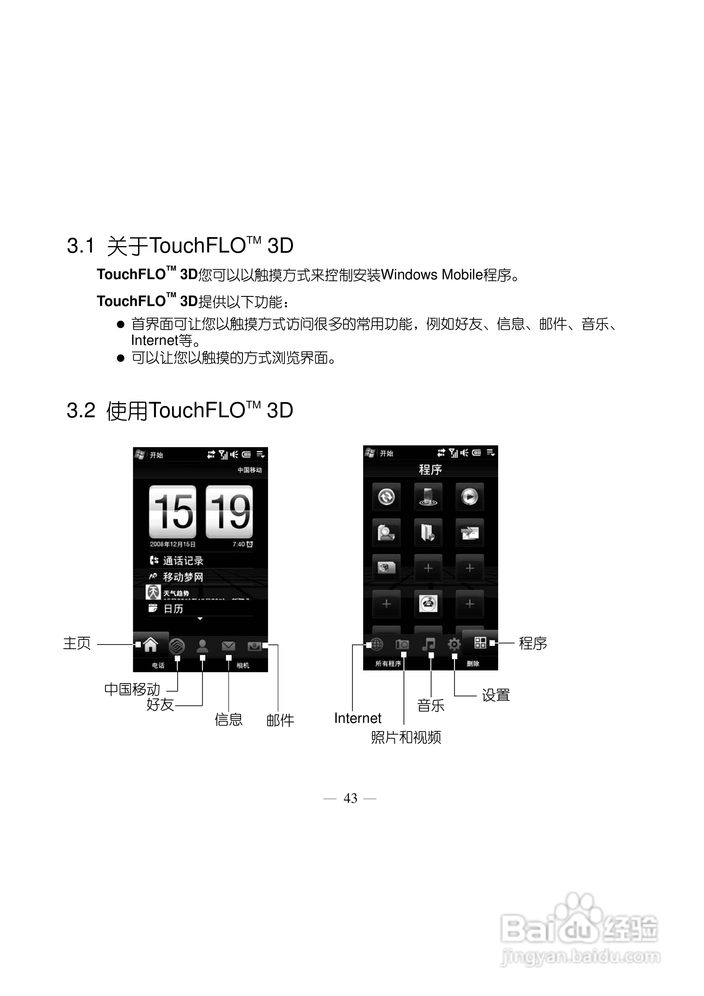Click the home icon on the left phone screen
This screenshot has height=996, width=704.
point(150,645)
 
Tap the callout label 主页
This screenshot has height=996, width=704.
point(77,643)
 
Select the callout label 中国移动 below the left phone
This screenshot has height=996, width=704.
point(133,689)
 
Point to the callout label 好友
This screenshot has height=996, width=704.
point(160,704)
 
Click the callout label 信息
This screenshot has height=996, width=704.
point(228,720)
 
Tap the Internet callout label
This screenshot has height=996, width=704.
point(358,718)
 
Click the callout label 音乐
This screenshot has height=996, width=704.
point(431,705)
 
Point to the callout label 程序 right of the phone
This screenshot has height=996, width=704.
point(533,643)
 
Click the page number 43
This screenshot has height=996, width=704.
point(350,798)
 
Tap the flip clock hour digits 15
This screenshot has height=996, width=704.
point(173,512)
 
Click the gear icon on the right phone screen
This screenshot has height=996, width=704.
point(454,644)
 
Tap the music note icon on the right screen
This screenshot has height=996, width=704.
point(428,644)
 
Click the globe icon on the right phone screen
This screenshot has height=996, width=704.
point(377,644)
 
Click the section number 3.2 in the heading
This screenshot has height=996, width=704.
point(81,410)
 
